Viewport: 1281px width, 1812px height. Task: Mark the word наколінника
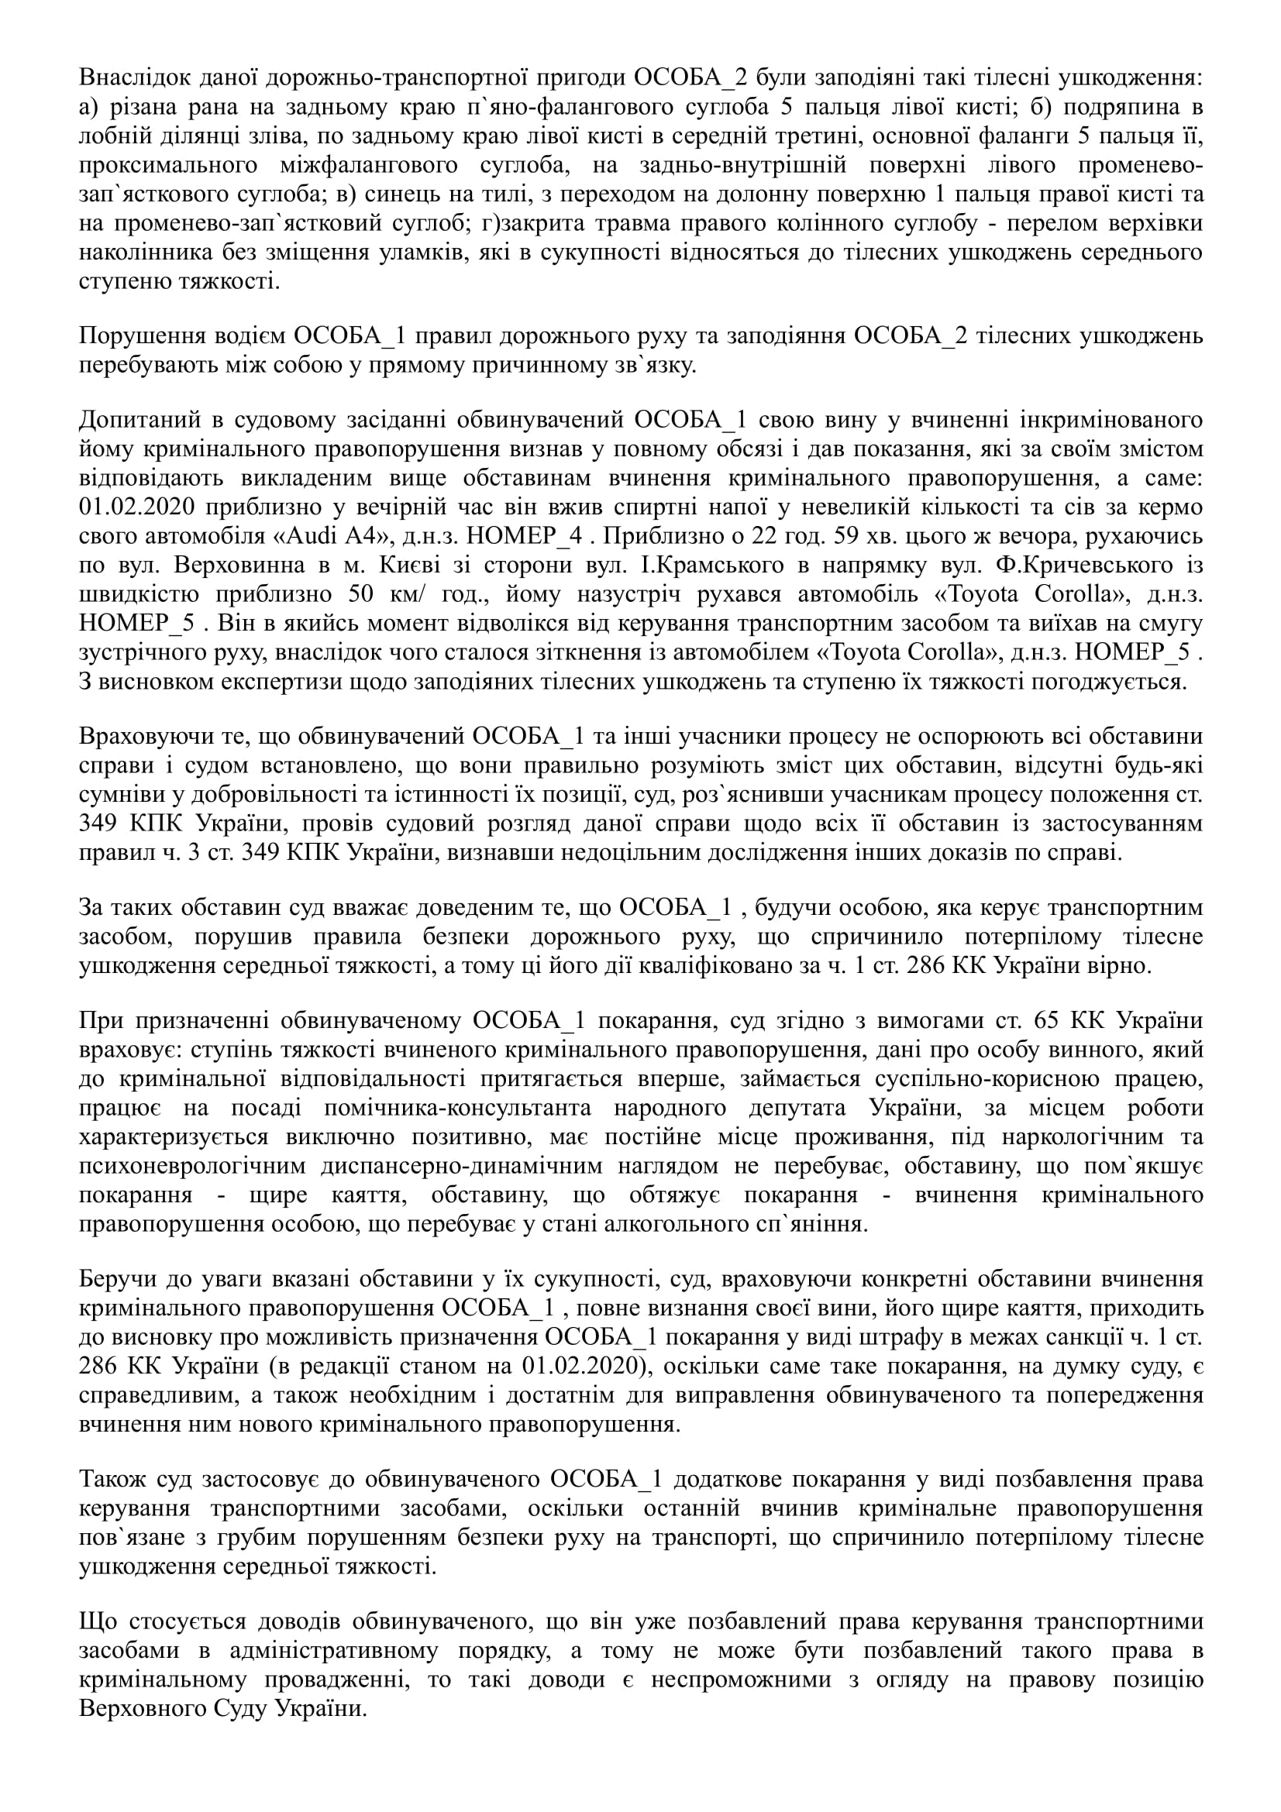click(x=138, y=253)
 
